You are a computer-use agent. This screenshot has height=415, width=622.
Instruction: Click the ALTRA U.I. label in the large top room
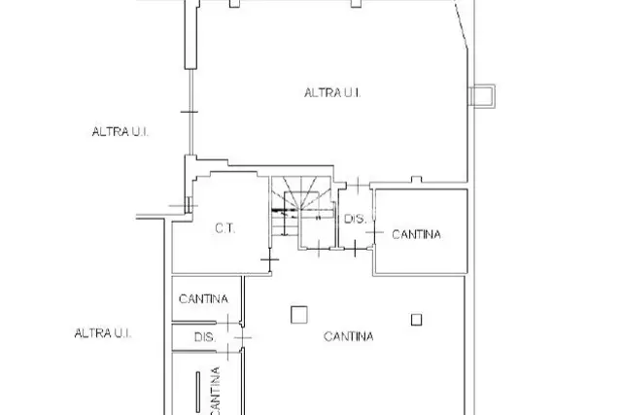coord(332,93)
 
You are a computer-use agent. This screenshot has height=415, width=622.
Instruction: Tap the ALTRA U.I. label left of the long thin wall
coord(121,132)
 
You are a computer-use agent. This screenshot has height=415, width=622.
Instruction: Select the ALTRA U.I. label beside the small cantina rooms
coord(103,333)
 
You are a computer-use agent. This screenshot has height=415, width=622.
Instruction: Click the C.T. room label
coord(225,228)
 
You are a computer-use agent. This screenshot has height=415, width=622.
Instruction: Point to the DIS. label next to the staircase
coord(355,219)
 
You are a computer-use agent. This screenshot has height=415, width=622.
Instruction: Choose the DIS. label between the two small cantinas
coord(205,337)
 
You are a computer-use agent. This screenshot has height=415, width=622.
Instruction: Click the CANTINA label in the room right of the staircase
coord(416,234)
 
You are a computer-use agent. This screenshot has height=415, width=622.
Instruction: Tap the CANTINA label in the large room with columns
coord(348,336)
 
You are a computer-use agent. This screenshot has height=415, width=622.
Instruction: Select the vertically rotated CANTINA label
coord(215,391)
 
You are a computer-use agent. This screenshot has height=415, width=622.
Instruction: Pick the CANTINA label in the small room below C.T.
coord(203,298)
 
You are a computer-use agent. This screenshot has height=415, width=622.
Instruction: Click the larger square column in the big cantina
coord(299,315)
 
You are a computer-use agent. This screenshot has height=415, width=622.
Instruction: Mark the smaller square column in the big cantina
coord(416,320)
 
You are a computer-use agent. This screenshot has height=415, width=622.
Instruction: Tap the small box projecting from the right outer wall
coord(482,96)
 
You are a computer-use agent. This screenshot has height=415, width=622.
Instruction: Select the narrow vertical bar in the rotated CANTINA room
coord(197,392)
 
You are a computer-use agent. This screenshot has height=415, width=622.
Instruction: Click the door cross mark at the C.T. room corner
coord(270,259)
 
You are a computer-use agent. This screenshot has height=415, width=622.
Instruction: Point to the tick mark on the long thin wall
coord(190,113)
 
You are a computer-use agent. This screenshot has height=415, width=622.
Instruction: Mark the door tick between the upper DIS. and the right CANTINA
coord(374,232)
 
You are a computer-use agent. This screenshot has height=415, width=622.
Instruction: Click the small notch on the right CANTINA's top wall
coord(416,180)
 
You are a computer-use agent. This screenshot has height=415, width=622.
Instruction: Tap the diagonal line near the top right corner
coord(461,25)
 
